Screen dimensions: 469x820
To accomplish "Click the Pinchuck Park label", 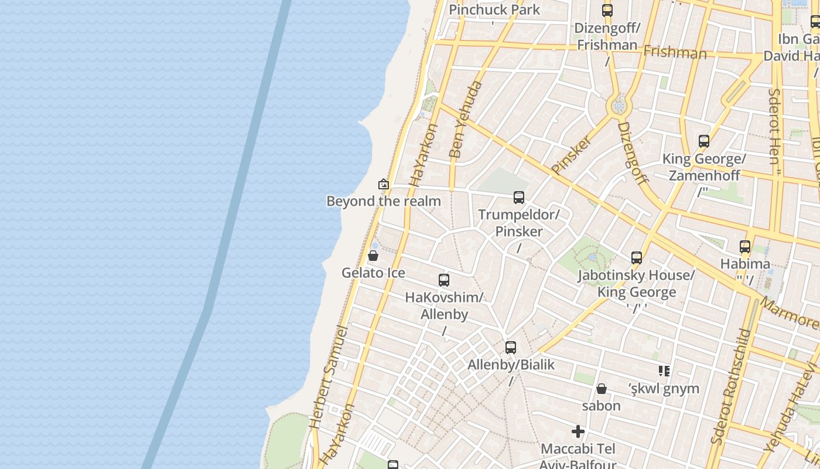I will [x=494, y=10].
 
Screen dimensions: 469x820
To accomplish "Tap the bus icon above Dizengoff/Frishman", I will [x=607, y=10].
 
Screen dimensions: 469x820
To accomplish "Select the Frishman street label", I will [x=675, y=53].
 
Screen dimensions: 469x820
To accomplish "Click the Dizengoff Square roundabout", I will [x=619, y=107].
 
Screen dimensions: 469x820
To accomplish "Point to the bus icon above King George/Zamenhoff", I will [x=704, y=141].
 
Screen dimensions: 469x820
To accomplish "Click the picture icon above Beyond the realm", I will [x=384, y=184].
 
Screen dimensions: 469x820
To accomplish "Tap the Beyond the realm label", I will [x=384, y=201].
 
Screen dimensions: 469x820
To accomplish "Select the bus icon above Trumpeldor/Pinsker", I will [x=519, y=198].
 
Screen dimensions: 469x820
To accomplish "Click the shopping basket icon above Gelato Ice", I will [x=373, y=256].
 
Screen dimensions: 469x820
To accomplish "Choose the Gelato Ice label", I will [x=373, y=273].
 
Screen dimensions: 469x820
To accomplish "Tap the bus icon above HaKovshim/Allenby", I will [x=444, y=280].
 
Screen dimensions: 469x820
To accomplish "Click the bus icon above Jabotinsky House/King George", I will [x=637, y=258].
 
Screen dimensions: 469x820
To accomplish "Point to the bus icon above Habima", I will [x=745, y=247].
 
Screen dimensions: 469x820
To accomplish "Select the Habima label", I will [x=745, y=264].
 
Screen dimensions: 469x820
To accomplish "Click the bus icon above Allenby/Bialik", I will [x=511, y=348].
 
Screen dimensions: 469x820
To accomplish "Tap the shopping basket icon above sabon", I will [x=602, y=389].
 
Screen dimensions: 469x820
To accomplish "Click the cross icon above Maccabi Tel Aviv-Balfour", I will [x=578, y=432].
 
